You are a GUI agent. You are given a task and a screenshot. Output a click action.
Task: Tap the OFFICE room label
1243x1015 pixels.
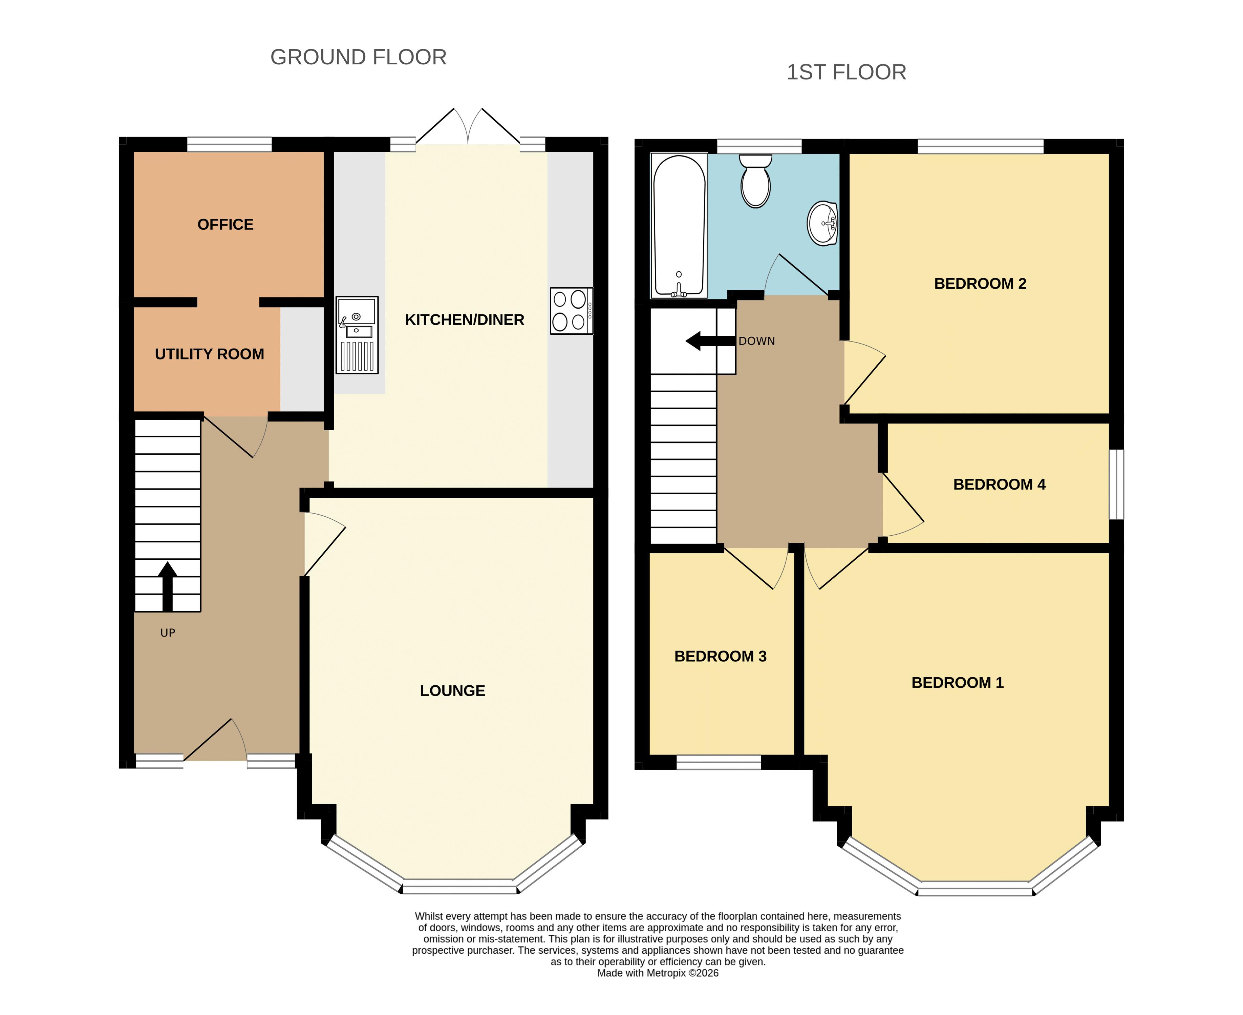[226, 225]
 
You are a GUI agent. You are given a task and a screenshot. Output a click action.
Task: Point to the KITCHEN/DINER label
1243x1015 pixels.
[465, 320]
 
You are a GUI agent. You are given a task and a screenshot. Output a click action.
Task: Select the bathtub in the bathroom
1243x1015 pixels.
[679, 226]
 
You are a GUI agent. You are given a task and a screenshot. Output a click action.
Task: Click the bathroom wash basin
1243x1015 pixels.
[823, 223]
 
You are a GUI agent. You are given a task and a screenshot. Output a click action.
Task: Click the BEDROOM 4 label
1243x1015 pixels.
[999, 485]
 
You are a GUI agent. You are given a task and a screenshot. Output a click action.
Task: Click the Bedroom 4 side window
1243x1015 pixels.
[1116, 484]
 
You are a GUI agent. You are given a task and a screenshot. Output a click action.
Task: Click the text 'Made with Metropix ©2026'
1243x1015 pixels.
[658, 973]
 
